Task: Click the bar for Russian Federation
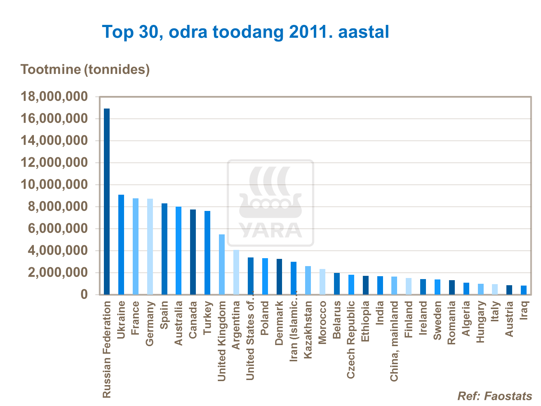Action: (x=107, y=202)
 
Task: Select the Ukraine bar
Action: (x=121, y=245)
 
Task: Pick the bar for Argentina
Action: (x=236, y=272)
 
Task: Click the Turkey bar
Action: (x=207, y=253)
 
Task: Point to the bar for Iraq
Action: (x=524, y=290)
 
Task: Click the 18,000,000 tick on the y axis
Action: (x=54, y=97)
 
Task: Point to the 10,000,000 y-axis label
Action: (x=54, y=185)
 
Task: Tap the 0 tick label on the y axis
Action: (x=84, y=295)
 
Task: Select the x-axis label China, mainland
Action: (x=394, y=341)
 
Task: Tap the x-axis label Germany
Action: (x=150, y=324)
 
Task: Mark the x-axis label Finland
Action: (x=408, y=319)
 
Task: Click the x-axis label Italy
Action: (x=495, y=312)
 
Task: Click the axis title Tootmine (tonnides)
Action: (x=85, y=69)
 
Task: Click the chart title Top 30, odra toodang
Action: (x=245, y=32)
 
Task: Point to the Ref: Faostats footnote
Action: (x=494, y=396)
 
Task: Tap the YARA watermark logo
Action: (x=270, y=203)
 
